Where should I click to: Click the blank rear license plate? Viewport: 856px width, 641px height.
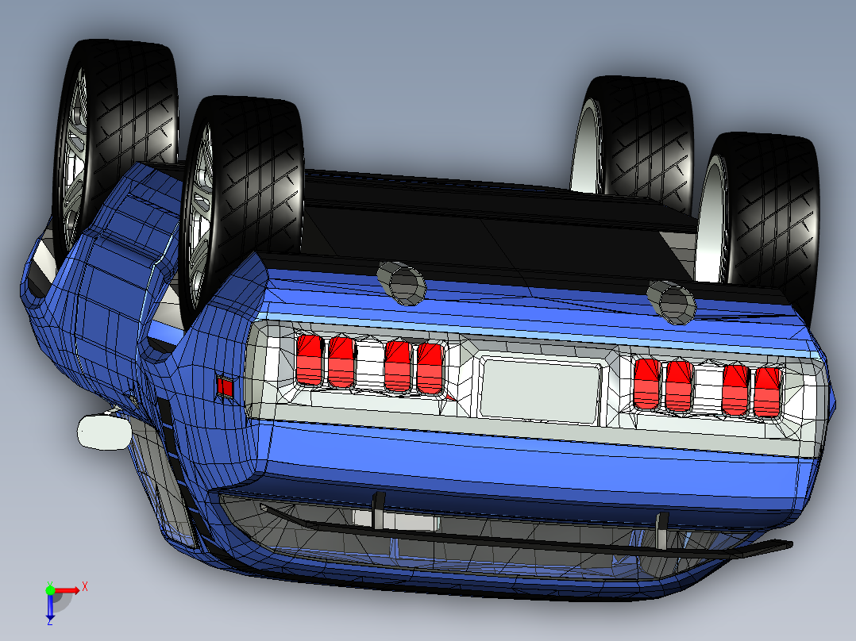click(540, 388)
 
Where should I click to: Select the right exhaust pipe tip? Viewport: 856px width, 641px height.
click(672, 301)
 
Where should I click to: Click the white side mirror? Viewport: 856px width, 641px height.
click(104, 432)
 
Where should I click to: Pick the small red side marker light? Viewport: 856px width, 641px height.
click(225, 386)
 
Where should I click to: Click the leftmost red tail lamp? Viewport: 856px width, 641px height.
click(309, 360)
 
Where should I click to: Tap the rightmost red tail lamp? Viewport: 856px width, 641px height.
click(767, 391)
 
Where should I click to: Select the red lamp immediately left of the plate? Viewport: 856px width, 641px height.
click(429, 369)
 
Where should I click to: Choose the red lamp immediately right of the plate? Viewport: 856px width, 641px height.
click(647, 383)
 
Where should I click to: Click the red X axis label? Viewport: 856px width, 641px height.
click(84, 586)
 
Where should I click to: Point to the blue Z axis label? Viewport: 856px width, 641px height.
click(49, 621)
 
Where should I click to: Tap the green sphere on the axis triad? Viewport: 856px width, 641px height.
click(50, 589)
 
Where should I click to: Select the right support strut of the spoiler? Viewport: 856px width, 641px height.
click(661, 531)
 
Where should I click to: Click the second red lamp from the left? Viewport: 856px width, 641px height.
click(341, 362)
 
